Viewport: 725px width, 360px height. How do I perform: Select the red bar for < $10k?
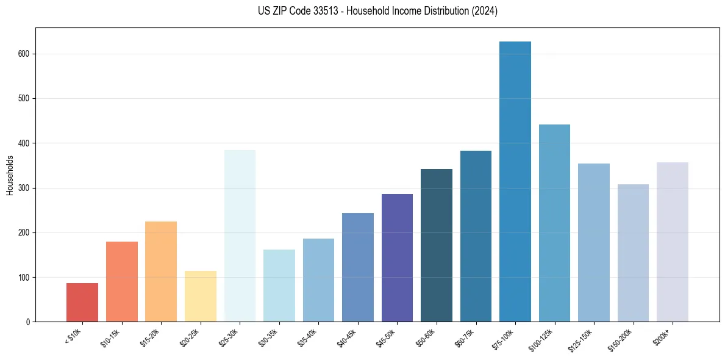[82, 303]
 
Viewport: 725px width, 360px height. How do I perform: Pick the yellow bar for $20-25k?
[201, 297]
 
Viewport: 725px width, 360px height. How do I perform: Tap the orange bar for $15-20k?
[161, 272]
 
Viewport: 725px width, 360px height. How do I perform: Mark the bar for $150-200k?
[633, 253]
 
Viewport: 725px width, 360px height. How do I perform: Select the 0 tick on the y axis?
[29, 322]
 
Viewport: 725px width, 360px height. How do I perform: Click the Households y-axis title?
[10, 175]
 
